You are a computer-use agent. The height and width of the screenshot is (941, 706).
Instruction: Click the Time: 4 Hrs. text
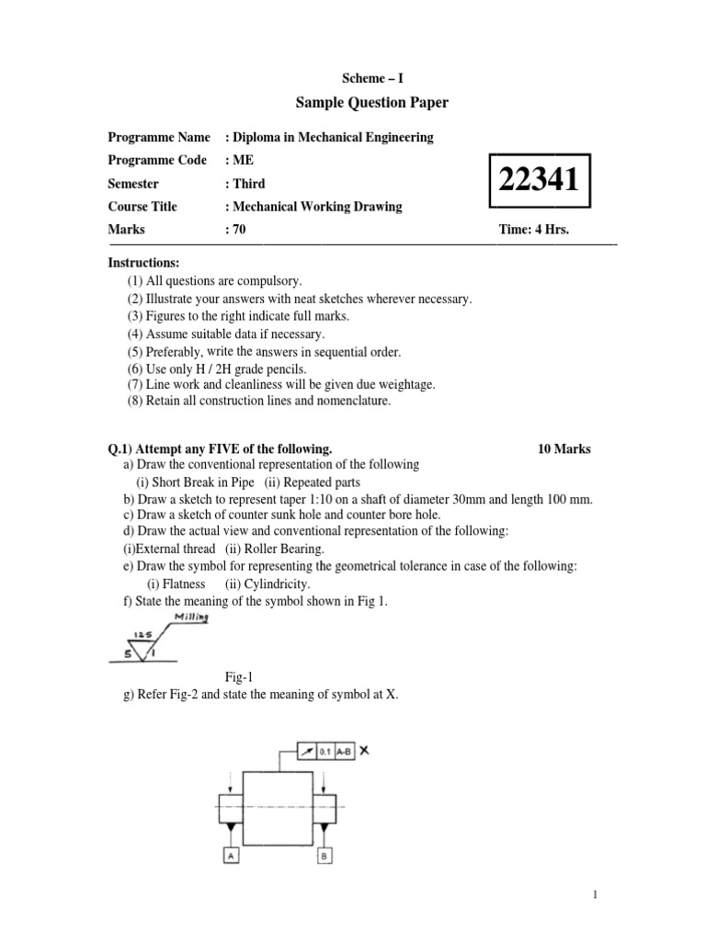click(533, 230)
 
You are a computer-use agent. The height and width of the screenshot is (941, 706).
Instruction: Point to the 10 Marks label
click(564, 449)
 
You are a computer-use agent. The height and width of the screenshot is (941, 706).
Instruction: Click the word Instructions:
click(143, 263)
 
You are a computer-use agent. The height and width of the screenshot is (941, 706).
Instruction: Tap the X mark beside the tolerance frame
click(364, 750)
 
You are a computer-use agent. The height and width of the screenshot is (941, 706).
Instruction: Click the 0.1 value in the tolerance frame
click(324, 751)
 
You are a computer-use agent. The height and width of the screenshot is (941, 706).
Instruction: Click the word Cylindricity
click(276, 584)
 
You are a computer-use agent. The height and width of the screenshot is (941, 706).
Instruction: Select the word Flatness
click(183, 584)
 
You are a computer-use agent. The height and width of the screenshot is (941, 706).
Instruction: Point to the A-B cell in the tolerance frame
click(343, 751)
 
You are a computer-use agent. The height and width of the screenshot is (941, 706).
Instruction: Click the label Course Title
click(142, 207)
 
